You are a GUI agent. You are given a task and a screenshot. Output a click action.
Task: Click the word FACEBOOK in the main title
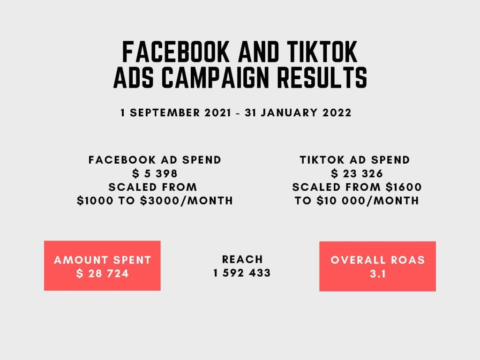[176, 52]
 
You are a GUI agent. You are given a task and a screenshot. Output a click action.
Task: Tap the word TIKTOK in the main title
[322, 52]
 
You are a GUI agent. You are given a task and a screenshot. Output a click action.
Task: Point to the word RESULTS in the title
[322, 77]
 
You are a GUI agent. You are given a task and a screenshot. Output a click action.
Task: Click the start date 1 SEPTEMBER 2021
[176, 112]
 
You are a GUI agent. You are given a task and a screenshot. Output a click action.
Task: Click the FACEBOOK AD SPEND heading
[155, 160]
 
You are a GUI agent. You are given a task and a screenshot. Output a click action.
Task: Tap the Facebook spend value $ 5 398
[155, 173]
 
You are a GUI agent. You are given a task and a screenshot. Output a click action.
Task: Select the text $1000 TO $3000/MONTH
[155, 201]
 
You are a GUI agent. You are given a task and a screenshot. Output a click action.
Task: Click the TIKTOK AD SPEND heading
[354, 160]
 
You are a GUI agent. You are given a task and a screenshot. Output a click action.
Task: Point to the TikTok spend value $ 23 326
[357, 173]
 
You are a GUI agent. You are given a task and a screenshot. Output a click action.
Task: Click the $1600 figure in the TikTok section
[404, 187]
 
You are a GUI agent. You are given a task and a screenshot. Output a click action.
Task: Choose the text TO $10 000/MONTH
[357, 201]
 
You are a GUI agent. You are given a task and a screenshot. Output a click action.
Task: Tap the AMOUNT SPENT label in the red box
[103, 260]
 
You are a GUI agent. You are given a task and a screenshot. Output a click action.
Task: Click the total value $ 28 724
[103, 273]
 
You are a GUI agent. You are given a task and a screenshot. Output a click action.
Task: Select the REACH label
[242, 259]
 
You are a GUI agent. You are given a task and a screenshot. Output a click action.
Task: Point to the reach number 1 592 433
[242, 273]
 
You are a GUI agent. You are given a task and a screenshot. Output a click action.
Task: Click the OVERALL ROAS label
[378, 260]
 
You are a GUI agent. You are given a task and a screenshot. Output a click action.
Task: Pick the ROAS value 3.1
[378, 274]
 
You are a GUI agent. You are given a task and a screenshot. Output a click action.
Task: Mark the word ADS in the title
[134, 77]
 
